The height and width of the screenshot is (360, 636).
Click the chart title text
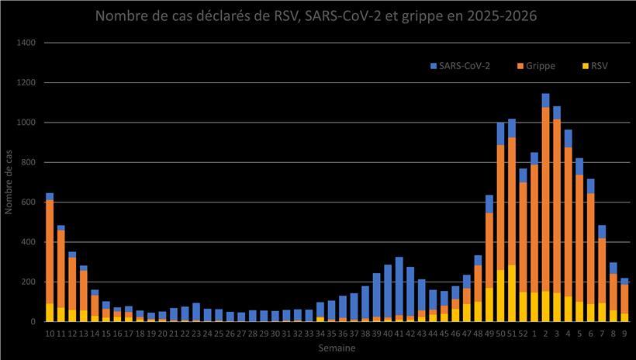point(317,16)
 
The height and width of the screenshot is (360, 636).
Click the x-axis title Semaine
point(337,349)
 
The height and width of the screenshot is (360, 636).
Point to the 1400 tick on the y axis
point(26,43)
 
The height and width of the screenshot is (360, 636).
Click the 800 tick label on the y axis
point(28,162)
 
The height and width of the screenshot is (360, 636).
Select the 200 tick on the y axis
point(28,282)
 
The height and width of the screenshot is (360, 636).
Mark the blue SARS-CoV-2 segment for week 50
point(500,133)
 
